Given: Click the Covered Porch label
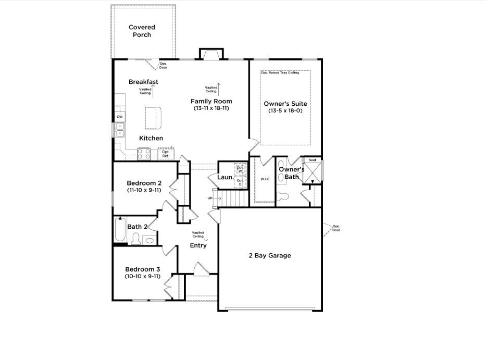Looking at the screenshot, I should tap(142, 31).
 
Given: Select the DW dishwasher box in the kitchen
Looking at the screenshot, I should tap(120, 116).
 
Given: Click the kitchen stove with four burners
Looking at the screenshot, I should tap(144, 154).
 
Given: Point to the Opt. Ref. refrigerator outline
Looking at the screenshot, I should tap(166, 154).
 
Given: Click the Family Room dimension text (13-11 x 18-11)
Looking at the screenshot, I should tap(211, 108).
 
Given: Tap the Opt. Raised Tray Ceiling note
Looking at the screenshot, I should tap(280, 73).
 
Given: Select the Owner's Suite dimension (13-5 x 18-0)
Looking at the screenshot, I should tap(285, 111).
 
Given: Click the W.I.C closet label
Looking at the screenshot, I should tap(265, 179).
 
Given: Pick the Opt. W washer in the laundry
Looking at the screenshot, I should tap(240, 169).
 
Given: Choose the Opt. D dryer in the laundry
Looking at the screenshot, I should tap(240, 182).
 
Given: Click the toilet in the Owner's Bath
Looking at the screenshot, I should tap(284, 197).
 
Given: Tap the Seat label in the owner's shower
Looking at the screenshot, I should tap(313, 160).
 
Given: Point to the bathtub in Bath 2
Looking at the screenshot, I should tap(120, 230).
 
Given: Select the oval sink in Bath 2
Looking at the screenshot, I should tap(149, 240).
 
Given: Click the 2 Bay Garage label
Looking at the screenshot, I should tap(269, 255).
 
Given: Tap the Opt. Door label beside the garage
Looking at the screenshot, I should tap(336, 228).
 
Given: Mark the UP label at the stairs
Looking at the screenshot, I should tap(210, 198).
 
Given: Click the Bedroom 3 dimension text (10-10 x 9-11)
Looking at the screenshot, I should tap(142, 276).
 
